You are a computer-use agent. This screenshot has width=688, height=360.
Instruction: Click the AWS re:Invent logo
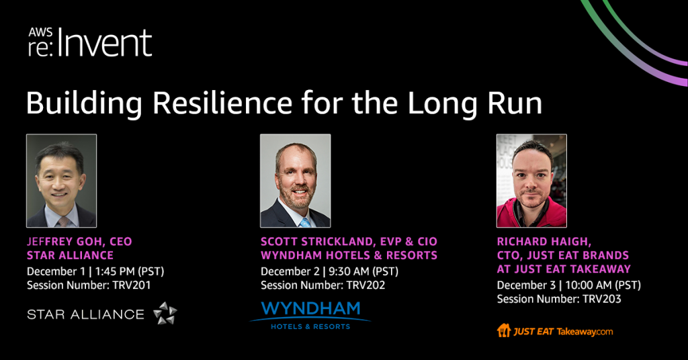click(x=90, y=42)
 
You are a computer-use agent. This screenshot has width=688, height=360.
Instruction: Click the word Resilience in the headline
click(x=222, y=103)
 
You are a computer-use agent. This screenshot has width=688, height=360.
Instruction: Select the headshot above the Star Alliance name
click(x=61, y=181)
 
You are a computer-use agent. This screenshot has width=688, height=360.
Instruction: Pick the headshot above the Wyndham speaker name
click(x=296, y=181)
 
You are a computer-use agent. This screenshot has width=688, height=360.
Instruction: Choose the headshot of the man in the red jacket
click(x=531, y=181)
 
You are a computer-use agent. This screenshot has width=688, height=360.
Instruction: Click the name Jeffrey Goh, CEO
click(x=79, y=242)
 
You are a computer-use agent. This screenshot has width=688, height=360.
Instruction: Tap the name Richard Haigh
click(x=544, y=242)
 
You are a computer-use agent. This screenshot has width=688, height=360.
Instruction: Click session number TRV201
click(x=132, y=285)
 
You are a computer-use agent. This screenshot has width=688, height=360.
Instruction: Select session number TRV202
click(x=366, y=285)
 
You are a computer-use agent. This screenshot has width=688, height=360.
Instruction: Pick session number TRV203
click(x=602, y=299)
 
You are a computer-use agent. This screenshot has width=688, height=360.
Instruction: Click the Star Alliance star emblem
click(x=165, y=313)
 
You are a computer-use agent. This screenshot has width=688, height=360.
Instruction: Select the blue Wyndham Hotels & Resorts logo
click(x=310, y=315)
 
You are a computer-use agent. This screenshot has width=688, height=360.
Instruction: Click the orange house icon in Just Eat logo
click(x=504, y=330)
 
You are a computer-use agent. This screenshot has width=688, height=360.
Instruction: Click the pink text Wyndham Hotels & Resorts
click(x=349, y=255)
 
